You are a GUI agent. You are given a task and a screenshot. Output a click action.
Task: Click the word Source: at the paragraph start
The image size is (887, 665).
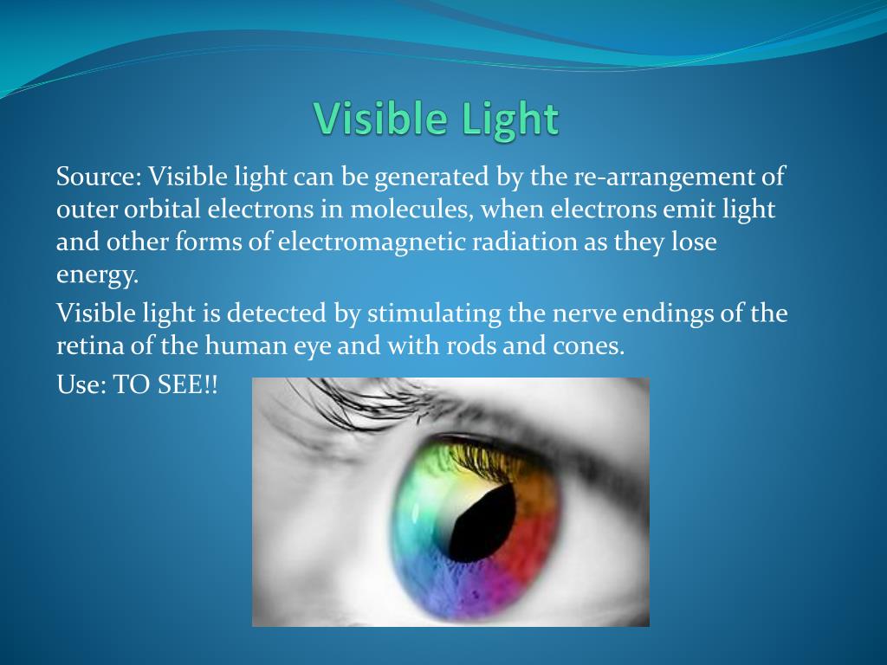pyautogui.click(x=99, y=177)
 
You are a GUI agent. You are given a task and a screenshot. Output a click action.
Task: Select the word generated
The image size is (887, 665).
pyautogui.click(x=431, y=178)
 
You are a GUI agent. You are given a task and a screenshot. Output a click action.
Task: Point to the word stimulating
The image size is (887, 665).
pyautogui.click(x=435, y=313)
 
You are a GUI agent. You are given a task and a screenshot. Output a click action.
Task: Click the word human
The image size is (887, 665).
pyautogui.click(x=246, y=345)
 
